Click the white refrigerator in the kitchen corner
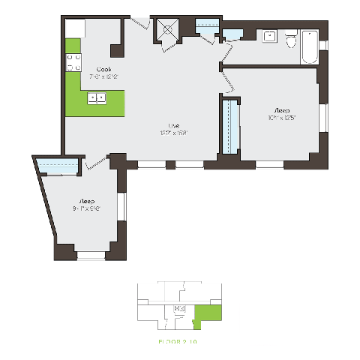coord(74,28)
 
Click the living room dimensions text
coord(173,132)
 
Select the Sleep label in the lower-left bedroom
coord(86,201)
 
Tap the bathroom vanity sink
coord(268,37)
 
